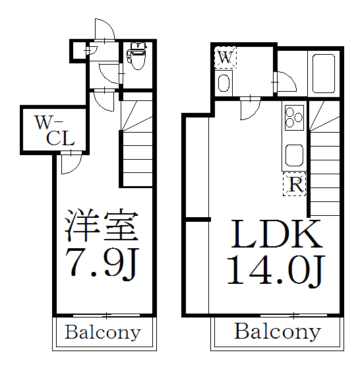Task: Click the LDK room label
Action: (x=276, y=234)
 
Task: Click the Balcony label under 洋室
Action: (x=103, y=332)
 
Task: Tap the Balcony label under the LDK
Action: (x=278, y=331)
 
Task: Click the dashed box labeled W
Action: (x=225, y=57)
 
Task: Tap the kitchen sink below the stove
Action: (x=294, y=156)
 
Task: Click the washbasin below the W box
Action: (x=224, y=83)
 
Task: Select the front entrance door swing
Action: (x=105, y=31)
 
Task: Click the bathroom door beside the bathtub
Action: (x=285, y=82)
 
